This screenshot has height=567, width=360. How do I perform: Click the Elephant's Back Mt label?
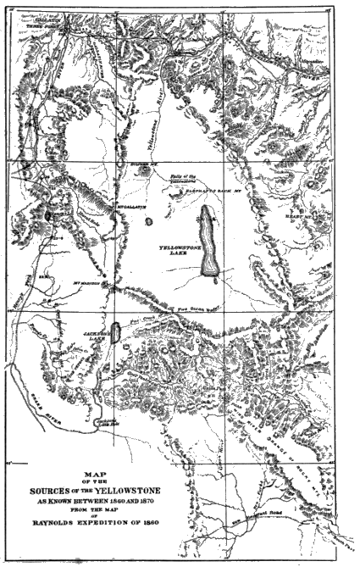(216, 192)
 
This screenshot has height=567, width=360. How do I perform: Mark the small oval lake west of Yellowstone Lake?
(150, 221)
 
